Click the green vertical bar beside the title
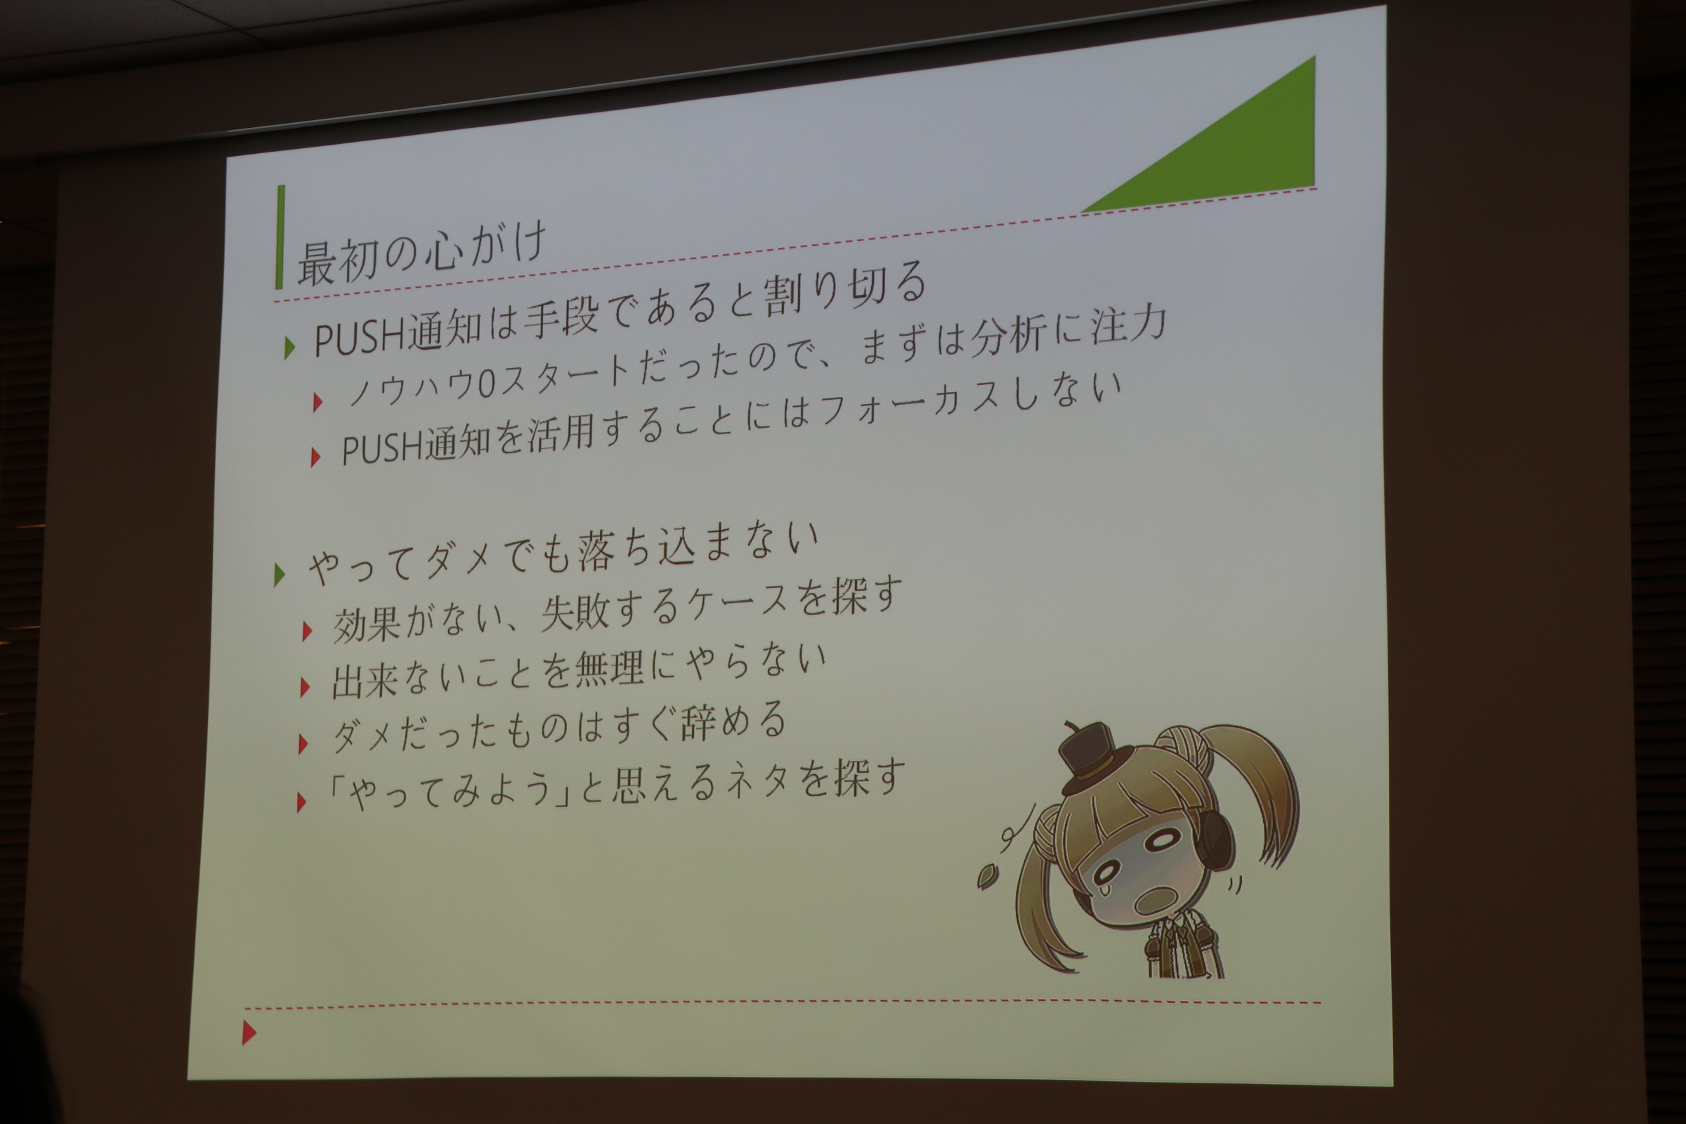tap(280, 237)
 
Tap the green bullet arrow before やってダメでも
tap(280, 574)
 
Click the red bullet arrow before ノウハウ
tap(318, 402)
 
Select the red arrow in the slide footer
tap(249, 1032)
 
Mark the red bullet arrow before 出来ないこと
tap(305, 687)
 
